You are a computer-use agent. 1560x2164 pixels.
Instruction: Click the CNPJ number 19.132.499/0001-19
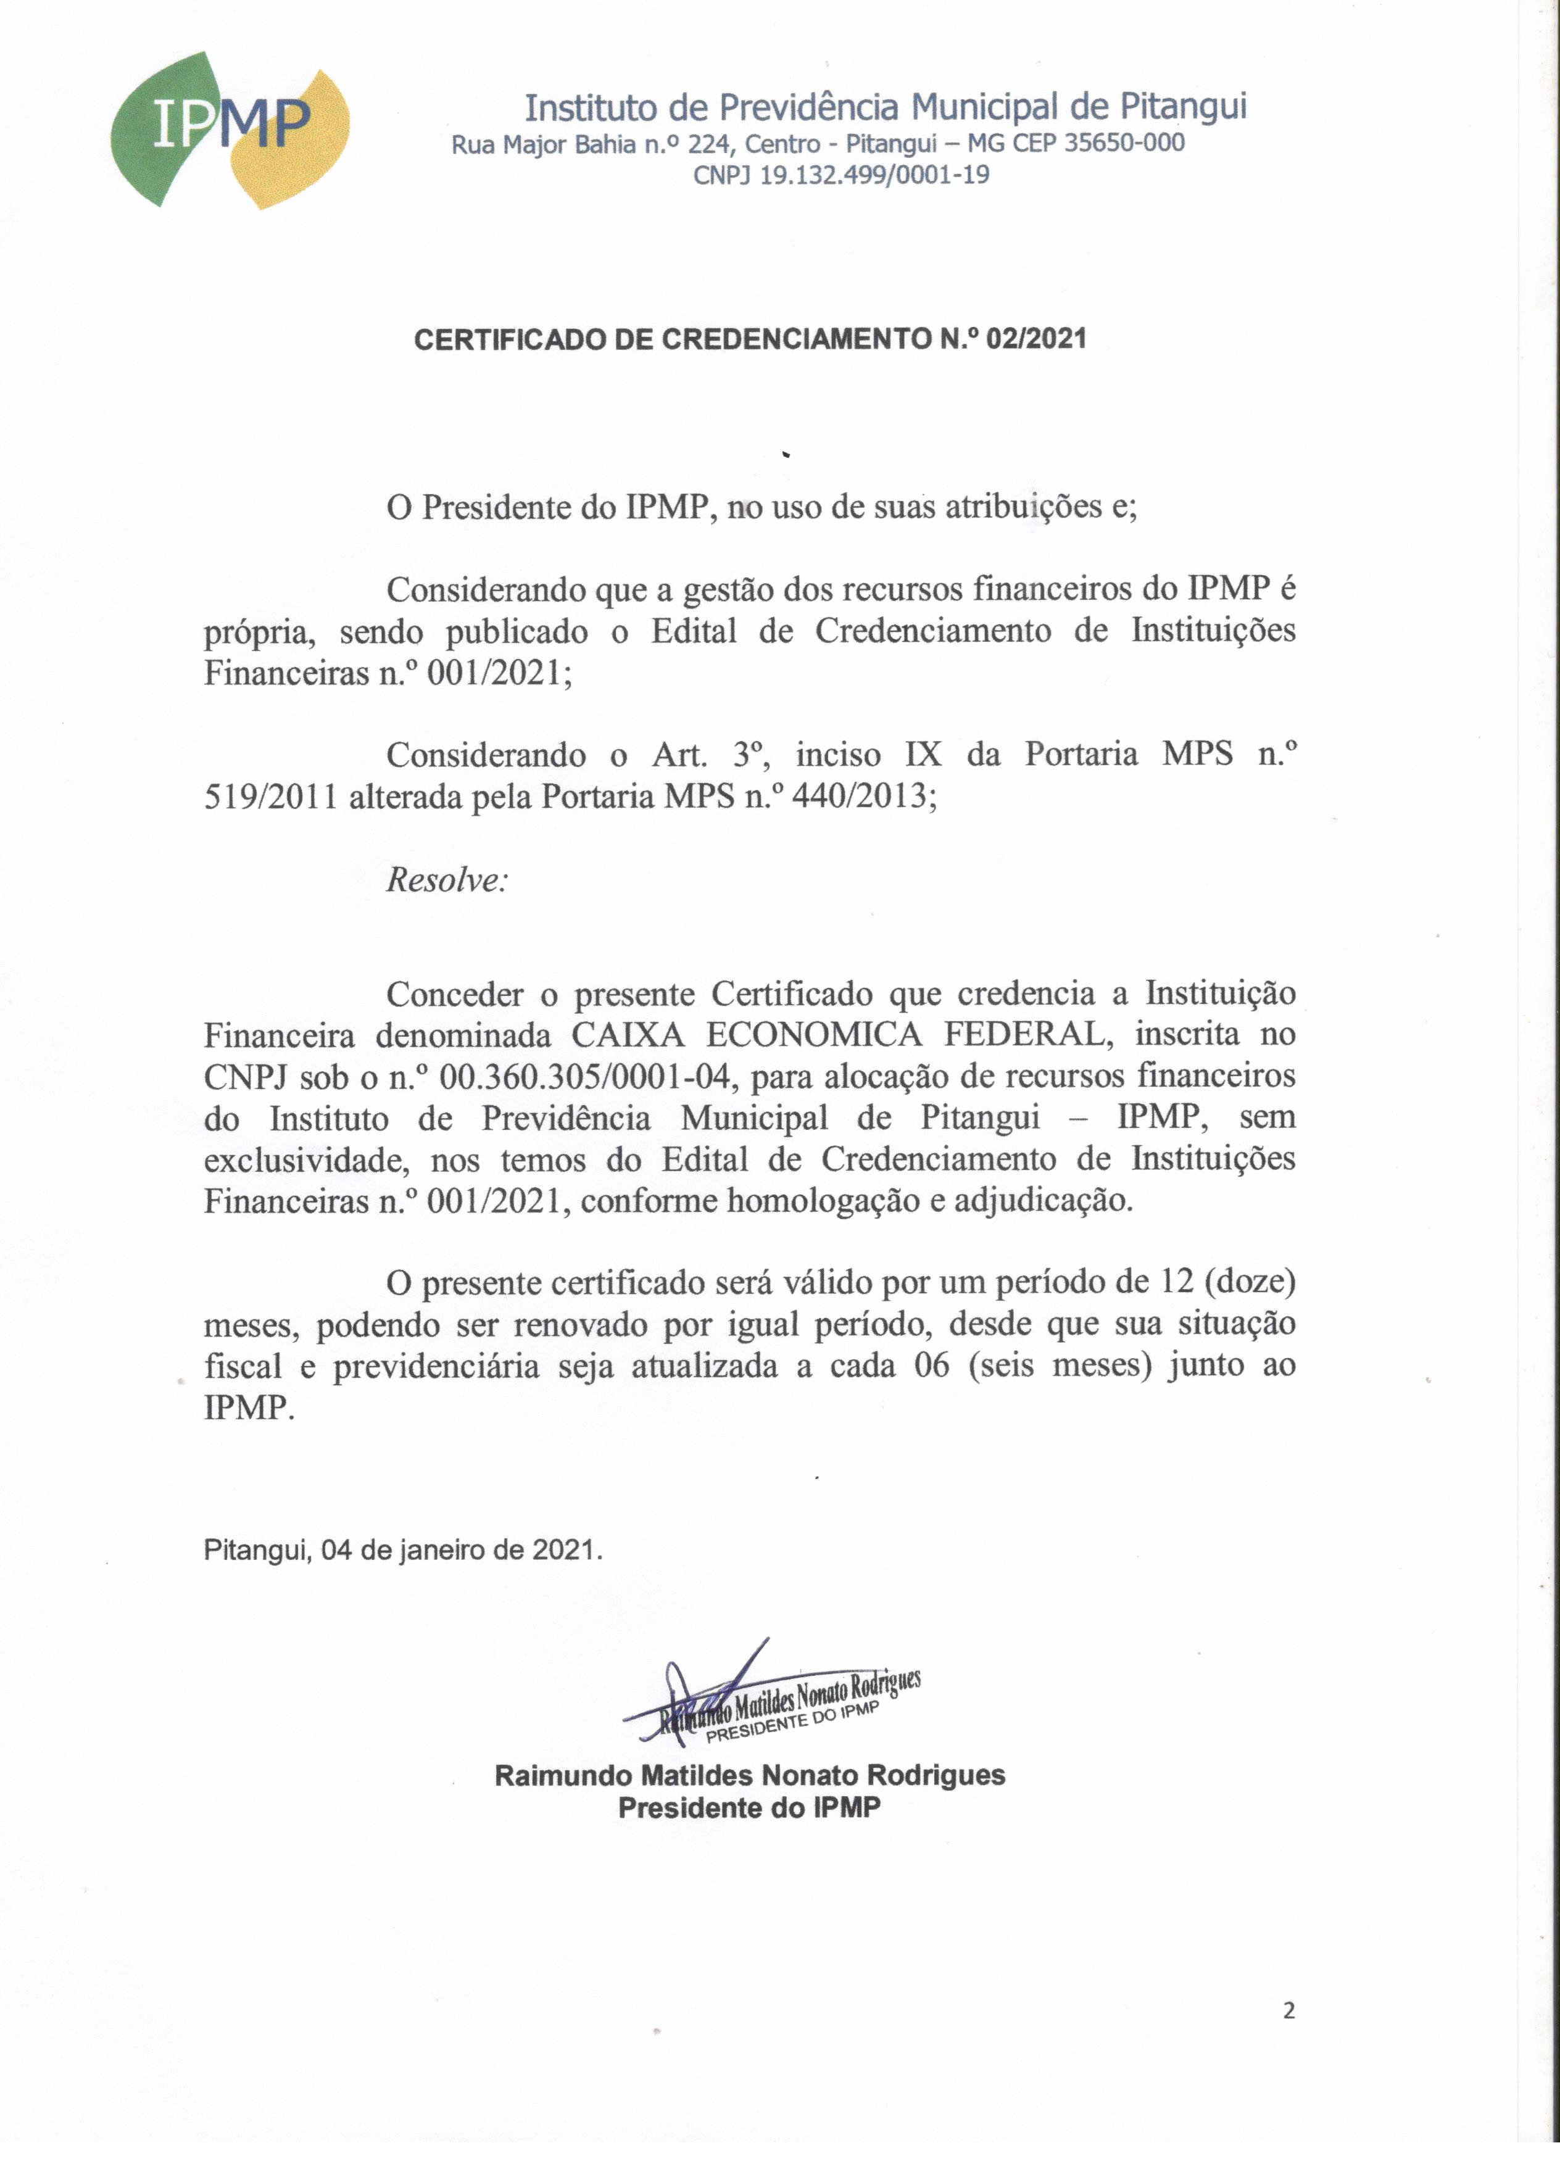874,175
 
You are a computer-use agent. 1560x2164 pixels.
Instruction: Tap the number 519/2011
271,796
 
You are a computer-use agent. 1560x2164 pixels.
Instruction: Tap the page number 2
1289,2010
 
